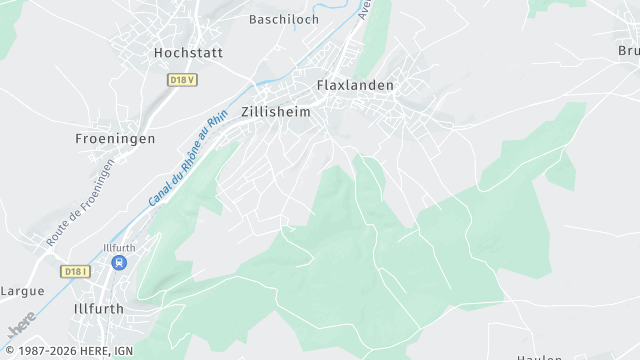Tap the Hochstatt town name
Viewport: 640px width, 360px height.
pyautogui.click(x=188, y=52)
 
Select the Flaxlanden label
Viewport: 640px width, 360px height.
pyautogui.click(x=355, y=86)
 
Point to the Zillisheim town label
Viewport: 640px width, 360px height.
pyautogui.click(x=275, y=113)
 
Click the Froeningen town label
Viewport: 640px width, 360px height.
pyautogui.click(x=115, y=139)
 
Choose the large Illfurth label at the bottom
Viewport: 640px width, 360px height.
pyautogui.click(x=99, y=309)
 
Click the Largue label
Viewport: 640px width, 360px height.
pyautogui.click(x=23, y=291)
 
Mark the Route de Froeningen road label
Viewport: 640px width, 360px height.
pyautogui.click(x=80, y=204)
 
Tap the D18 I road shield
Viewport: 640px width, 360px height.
pyautogui.click(x=75, y=271)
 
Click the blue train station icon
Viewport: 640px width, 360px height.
pyautogui.click(x=119, y=263)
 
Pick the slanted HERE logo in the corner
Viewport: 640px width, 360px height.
pyautogui.click(x=21, y=325)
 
